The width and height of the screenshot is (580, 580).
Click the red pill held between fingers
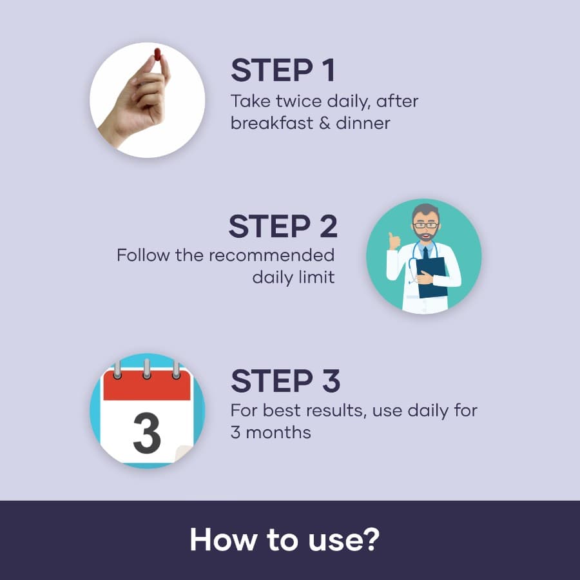coord(158,54)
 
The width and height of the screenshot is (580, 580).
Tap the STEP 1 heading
coord(283,70)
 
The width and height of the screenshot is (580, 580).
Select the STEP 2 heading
coord(283,226)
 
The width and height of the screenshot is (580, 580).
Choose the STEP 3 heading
coord(285,381)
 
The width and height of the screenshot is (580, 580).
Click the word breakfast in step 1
coord(272,123)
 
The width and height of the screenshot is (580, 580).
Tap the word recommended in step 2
coord(272,255)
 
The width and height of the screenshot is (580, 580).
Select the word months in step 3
coord(278,432)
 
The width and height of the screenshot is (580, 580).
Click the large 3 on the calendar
coord(147,433)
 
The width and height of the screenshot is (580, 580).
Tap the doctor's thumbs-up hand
coord(394,241)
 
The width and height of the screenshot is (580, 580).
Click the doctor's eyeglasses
coord(425,225)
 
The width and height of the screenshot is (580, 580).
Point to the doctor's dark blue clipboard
coord(432,277)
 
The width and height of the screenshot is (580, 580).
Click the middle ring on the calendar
coord(147,369)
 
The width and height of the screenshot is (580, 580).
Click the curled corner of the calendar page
coord(183,454)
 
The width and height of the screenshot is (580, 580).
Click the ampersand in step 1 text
coord(324,123)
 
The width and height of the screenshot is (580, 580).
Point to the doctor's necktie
coord(426,253)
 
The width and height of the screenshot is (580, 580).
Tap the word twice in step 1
coord(299,101)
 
